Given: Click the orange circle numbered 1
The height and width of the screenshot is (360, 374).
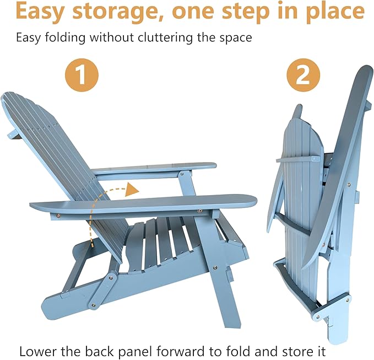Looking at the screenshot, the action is tap(82, 75).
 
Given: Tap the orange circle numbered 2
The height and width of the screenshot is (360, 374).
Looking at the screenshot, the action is tap(303, 75).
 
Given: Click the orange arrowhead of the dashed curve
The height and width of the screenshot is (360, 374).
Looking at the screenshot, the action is tap(132, 190).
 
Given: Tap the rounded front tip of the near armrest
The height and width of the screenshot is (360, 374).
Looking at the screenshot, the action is tap(253, 201).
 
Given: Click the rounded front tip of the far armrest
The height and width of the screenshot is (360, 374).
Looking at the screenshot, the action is tap(214, 165).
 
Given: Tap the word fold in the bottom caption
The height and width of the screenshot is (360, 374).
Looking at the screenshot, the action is tap(239, 351).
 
